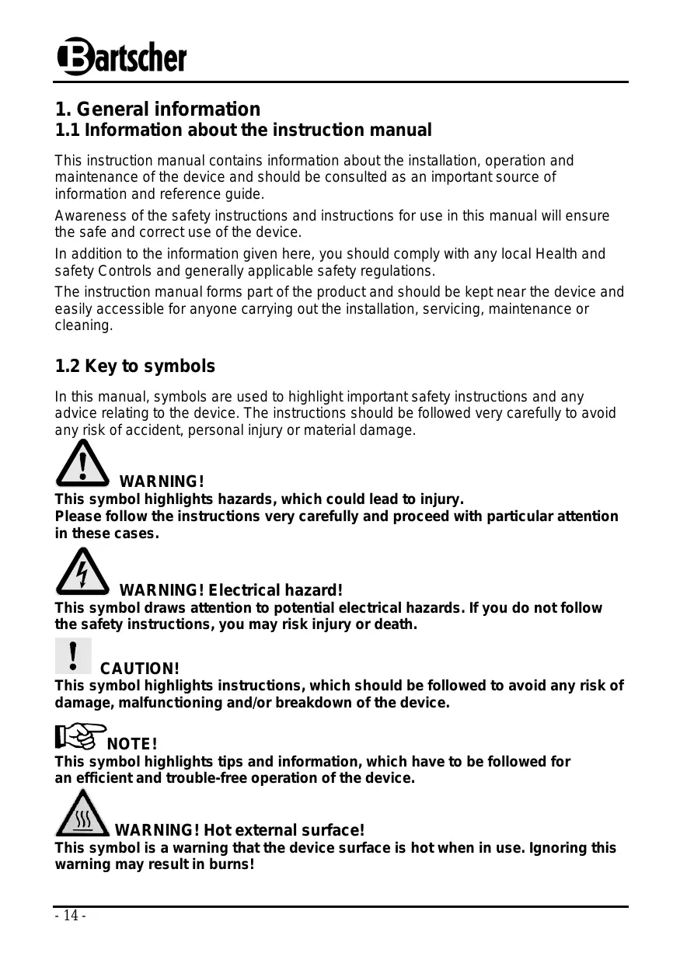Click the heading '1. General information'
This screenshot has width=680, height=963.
157,109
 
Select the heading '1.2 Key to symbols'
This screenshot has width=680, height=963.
134,366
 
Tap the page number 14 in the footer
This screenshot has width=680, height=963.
70,916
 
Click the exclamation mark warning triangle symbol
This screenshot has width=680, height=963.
82,464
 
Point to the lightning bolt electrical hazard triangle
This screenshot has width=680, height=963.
82,571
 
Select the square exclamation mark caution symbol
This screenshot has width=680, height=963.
74,655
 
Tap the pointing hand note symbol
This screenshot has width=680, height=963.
80,735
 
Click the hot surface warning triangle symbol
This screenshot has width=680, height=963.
82,815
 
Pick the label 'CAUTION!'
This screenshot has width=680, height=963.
140,669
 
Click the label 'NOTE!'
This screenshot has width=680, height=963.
132,746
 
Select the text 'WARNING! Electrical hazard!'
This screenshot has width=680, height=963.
231,591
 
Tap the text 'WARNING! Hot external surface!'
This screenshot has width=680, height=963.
239,831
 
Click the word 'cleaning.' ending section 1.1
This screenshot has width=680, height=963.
83,326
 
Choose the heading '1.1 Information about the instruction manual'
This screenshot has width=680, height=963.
242,130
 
